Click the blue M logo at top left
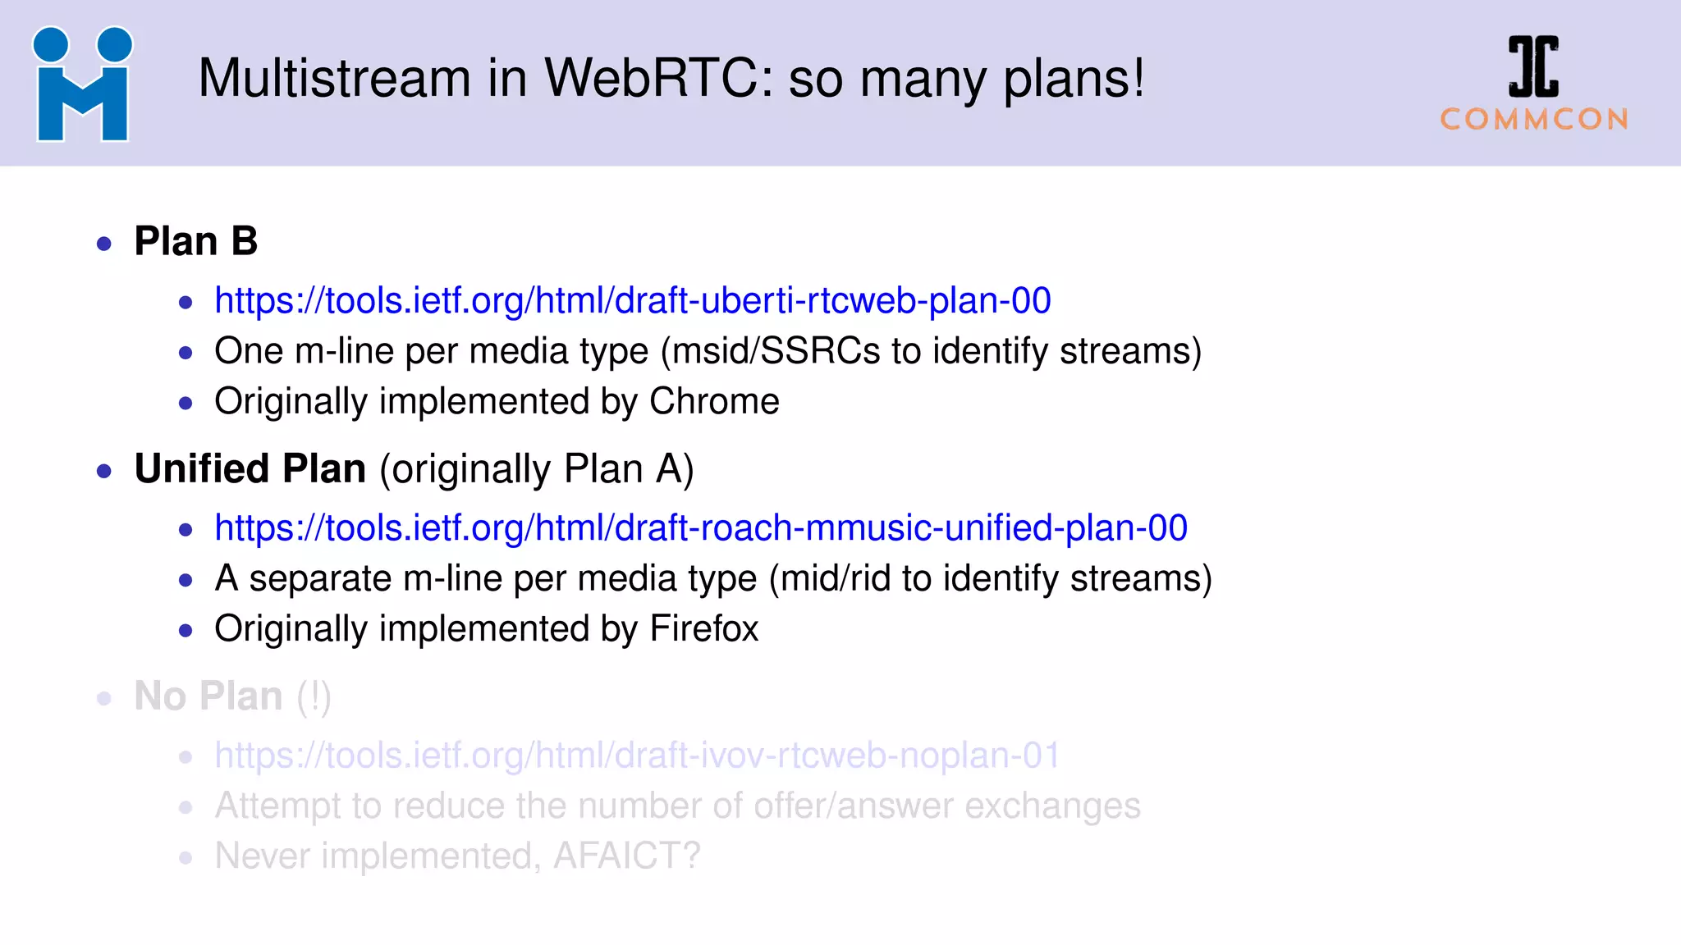point(82,84)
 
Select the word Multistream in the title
point(334,79)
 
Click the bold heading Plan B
point(196,241)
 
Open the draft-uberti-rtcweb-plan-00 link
point(632,301)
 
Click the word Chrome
point(714,401)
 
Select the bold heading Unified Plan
point(250,469)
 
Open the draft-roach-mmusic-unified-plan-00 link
point(700,528)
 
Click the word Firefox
point(704,629)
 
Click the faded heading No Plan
point(208,696)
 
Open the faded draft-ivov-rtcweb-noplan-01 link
point(637,756)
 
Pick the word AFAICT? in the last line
point(627,856)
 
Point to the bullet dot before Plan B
point(104,244)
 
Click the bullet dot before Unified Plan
point(104,471)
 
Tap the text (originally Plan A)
point(537,470)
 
